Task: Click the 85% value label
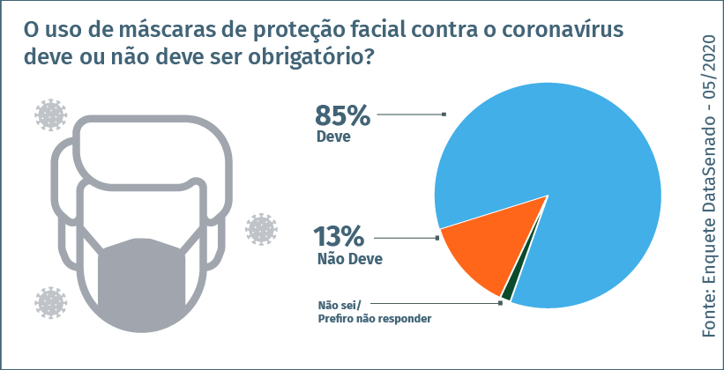coord(342,116)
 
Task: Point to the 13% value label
coord(340,238)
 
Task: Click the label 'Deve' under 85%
coord(333,137)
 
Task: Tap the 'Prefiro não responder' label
coord(374,318)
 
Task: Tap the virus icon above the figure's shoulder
coord(50,115)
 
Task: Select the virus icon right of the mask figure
coord(261,229)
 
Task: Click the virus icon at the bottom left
coord(50,301)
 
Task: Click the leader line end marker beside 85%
coord(444,114)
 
